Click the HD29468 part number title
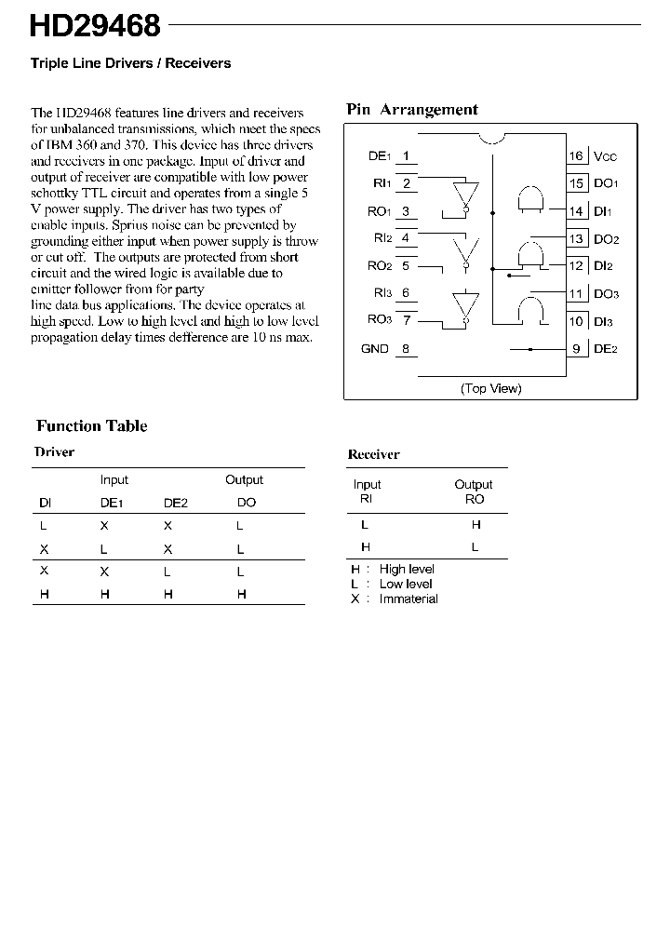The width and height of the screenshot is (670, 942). point(95,26)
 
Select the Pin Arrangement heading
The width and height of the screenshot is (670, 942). point(411,109)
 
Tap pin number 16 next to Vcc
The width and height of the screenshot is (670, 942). point(577,156)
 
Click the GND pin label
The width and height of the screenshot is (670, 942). point(374,349)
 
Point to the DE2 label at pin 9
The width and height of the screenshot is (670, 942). point(606,349)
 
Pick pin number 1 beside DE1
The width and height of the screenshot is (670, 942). point(406,156)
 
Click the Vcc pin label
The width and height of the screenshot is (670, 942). point(606,156)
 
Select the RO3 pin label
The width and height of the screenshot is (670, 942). point(379,319)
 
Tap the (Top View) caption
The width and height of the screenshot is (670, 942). point(490,388)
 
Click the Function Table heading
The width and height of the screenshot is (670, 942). point(91,426)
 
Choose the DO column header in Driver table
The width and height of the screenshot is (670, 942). point(246,503)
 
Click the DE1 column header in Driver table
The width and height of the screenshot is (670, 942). point(112,503)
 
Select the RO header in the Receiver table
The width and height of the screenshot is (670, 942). point(475,499)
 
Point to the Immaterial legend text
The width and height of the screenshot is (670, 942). point(409,599)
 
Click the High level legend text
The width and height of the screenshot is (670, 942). point(407,570)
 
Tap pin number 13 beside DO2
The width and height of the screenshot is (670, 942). point(577,239)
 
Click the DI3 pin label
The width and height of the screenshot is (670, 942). point(605,321)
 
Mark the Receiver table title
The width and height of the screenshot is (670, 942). point(373,455)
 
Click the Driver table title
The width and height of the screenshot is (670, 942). point(54,452)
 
